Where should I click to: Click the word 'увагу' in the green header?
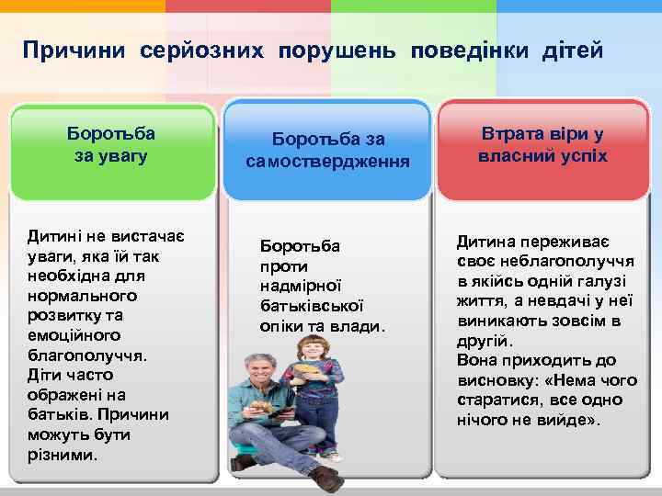pos(110,156)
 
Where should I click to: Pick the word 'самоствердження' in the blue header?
pos(327,162)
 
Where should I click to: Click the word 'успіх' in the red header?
pos(581,155)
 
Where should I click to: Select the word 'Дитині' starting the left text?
pos(54,237)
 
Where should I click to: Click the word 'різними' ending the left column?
pos(61,455)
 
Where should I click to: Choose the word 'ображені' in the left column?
pos(61,395)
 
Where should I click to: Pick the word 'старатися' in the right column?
pos(494,400)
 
